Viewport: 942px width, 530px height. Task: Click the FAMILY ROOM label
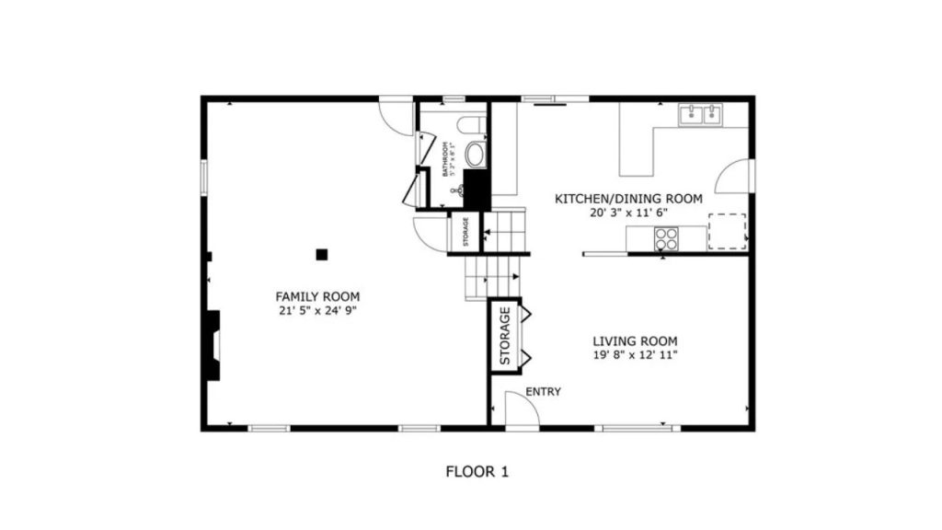tap(317, 296)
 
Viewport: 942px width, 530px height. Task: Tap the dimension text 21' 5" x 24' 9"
tap(317, 311)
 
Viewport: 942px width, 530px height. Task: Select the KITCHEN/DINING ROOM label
tap(628, 199)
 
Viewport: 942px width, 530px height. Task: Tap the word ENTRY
tap(543, 392)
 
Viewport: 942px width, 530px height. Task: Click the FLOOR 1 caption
tap(477, 472)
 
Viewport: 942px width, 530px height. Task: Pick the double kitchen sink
tap(700, 115)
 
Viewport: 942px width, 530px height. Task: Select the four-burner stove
tap(665, 239)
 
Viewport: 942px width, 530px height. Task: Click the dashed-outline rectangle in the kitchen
tap(727, 231)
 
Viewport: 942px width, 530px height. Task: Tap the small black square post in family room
tap(321, 253)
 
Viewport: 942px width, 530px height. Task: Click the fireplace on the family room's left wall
tap(213, 345)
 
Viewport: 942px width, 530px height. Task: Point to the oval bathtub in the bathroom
tap(475, 155)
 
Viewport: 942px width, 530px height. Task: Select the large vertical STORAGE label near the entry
tap(505, 335)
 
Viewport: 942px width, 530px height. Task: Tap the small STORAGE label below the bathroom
tap(465, 231)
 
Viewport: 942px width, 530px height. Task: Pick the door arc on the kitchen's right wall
tap(733, 177)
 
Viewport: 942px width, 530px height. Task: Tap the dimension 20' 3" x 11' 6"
tap(628, 213)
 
